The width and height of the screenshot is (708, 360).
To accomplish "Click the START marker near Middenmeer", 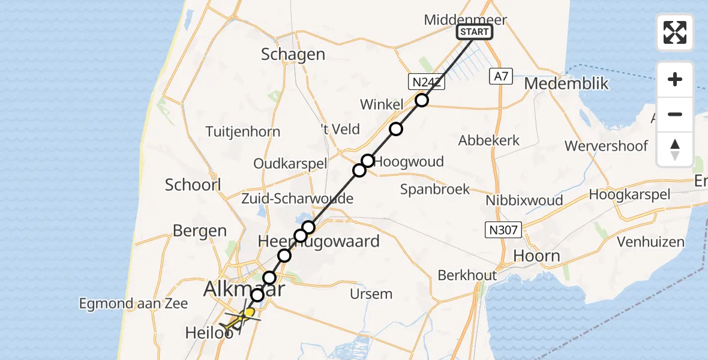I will tap(475, 32).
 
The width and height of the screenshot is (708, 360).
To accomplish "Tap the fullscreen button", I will tap(675, 32).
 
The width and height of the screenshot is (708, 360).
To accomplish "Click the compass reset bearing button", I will tap(675, 149).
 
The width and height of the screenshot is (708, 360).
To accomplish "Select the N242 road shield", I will tap(427, 82).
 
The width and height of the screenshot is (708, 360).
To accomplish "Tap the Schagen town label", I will tap(293, 55).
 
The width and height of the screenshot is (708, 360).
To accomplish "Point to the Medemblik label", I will tap(566, 83).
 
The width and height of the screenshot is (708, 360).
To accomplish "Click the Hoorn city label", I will tap(537, 256).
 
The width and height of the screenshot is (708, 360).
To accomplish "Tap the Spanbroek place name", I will tap(435, 189).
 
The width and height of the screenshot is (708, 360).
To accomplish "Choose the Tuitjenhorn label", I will tap(242, 131).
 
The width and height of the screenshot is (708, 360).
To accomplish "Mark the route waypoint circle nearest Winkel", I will tap(422, 100).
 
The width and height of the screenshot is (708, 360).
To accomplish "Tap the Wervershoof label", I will tap(606, 146).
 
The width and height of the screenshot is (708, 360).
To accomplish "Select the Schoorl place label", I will tap(193, 184).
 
